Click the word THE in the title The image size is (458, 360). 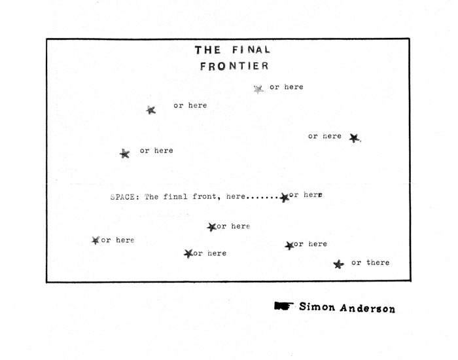pyautogui.click(x=207, y=50)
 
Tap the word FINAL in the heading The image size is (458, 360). pyautogui.click(x=251, y=50)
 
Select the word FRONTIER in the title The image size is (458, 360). pyautogui.click(x=234, y=66)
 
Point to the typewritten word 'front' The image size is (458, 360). pyautogui.click(x=204, y=196)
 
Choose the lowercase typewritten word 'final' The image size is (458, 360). pyautogui.click(x=175, y=196)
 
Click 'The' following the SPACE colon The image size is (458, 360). pyautogui.click(x=152, y=196)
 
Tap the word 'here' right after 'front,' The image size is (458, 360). pyautogui.click(x=236, y=196)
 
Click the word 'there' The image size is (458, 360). pyautogui.click(x=378, y=262)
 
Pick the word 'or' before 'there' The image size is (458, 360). pyautogui.click(x=356, y=263)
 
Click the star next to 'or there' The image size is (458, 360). pyautogui.click(x=338, y=264)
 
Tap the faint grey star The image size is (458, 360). pyautogui.click(x=258, y=89)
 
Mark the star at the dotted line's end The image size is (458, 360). pyautogui.click(x=284, y=198)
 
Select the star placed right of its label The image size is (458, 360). pyautogui.click(x=355, y=137)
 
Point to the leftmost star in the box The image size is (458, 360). pyautogui.click(x=96, y=240)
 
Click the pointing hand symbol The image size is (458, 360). pyautogui.click(x=283, y=306)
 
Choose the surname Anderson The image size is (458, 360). pyautogui.click(x=368, y=308)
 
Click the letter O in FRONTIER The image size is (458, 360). pyautogui.click(x=221, y=66)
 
